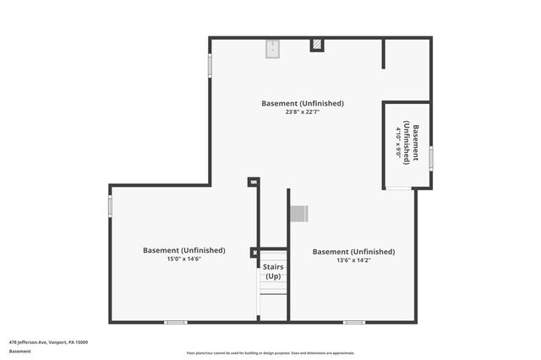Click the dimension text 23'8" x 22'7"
[x=302, y=112]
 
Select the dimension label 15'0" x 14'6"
[x=183, y=259]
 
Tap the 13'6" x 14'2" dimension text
[x=353, y=260]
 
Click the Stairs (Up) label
[x=273, y=271]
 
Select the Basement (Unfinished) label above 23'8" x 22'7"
[x=302, y=103]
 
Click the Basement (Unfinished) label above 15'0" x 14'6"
[x=183, y=250]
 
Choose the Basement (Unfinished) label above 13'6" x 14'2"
[x=353, y=251]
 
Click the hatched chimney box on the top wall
[x=317, y=45]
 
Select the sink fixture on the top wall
[x=272, y=50]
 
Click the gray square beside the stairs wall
[x=298, y=214]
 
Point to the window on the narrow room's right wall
[x=430, y=157]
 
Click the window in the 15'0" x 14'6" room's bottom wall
[x=176, y=322]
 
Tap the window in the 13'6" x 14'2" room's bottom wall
[x=354, y=322]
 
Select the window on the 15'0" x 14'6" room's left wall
[x=110, y=206]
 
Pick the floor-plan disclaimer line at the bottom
[x=270, y=353]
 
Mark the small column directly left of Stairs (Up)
[x=254, y=252]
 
